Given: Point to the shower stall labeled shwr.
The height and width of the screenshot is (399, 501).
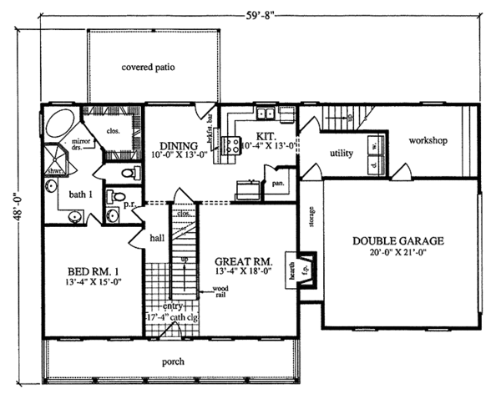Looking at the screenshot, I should point(56,159).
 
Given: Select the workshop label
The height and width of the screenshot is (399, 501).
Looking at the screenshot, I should point(428,139).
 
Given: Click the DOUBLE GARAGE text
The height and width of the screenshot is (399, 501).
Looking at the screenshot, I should point(397,242).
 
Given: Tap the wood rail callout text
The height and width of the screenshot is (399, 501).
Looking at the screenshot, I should point(220,290).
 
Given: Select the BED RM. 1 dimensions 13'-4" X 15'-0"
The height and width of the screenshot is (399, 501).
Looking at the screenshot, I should point(87,282).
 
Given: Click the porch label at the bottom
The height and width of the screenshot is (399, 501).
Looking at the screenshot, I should point(174,361).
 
